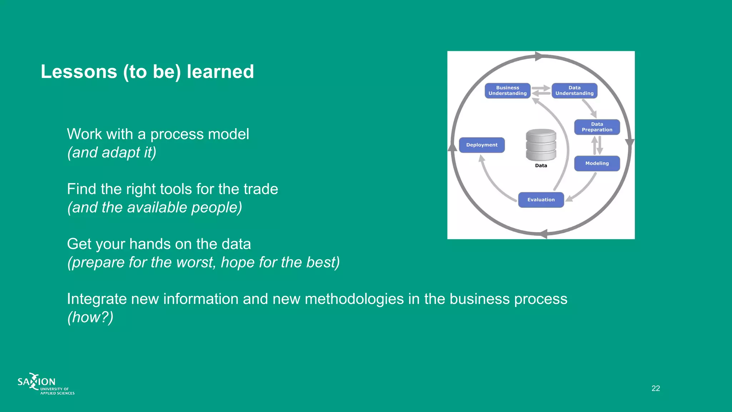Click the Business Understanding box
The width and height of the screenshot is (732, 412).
[x=507, y=90]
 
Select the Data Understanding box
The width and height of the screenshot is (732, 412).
[x=574, y=90]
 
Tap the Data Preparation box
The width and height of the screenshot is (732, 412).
[x=597, y=127]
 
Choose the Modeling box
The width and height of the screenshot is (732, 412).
[x=597, y=163]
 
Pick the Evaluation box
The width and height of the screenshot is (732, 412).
[x=541, y=200]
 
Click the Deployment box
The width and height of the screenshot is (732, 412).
[x=481, y=145]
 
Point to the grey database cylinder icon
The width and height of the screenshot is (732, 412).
[x=541, y=145]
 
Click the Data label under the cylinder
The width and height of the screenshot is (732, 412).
[x=541, y=166]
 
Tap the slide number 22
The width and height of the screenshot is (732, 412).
[x=656, y=388]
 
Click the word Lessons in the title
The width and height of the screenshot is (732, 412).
[x=79, y=72]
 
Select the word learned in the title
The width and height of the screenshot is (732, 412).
[x=220, y=72]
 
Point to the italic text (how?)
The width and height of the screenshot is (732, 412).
[x=90, y=317]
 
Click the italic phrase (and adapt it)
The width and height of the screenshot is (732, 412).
[x=112, y=152]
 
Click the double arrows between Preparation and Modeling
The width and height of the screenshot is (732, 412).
[x=597, y=145]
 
